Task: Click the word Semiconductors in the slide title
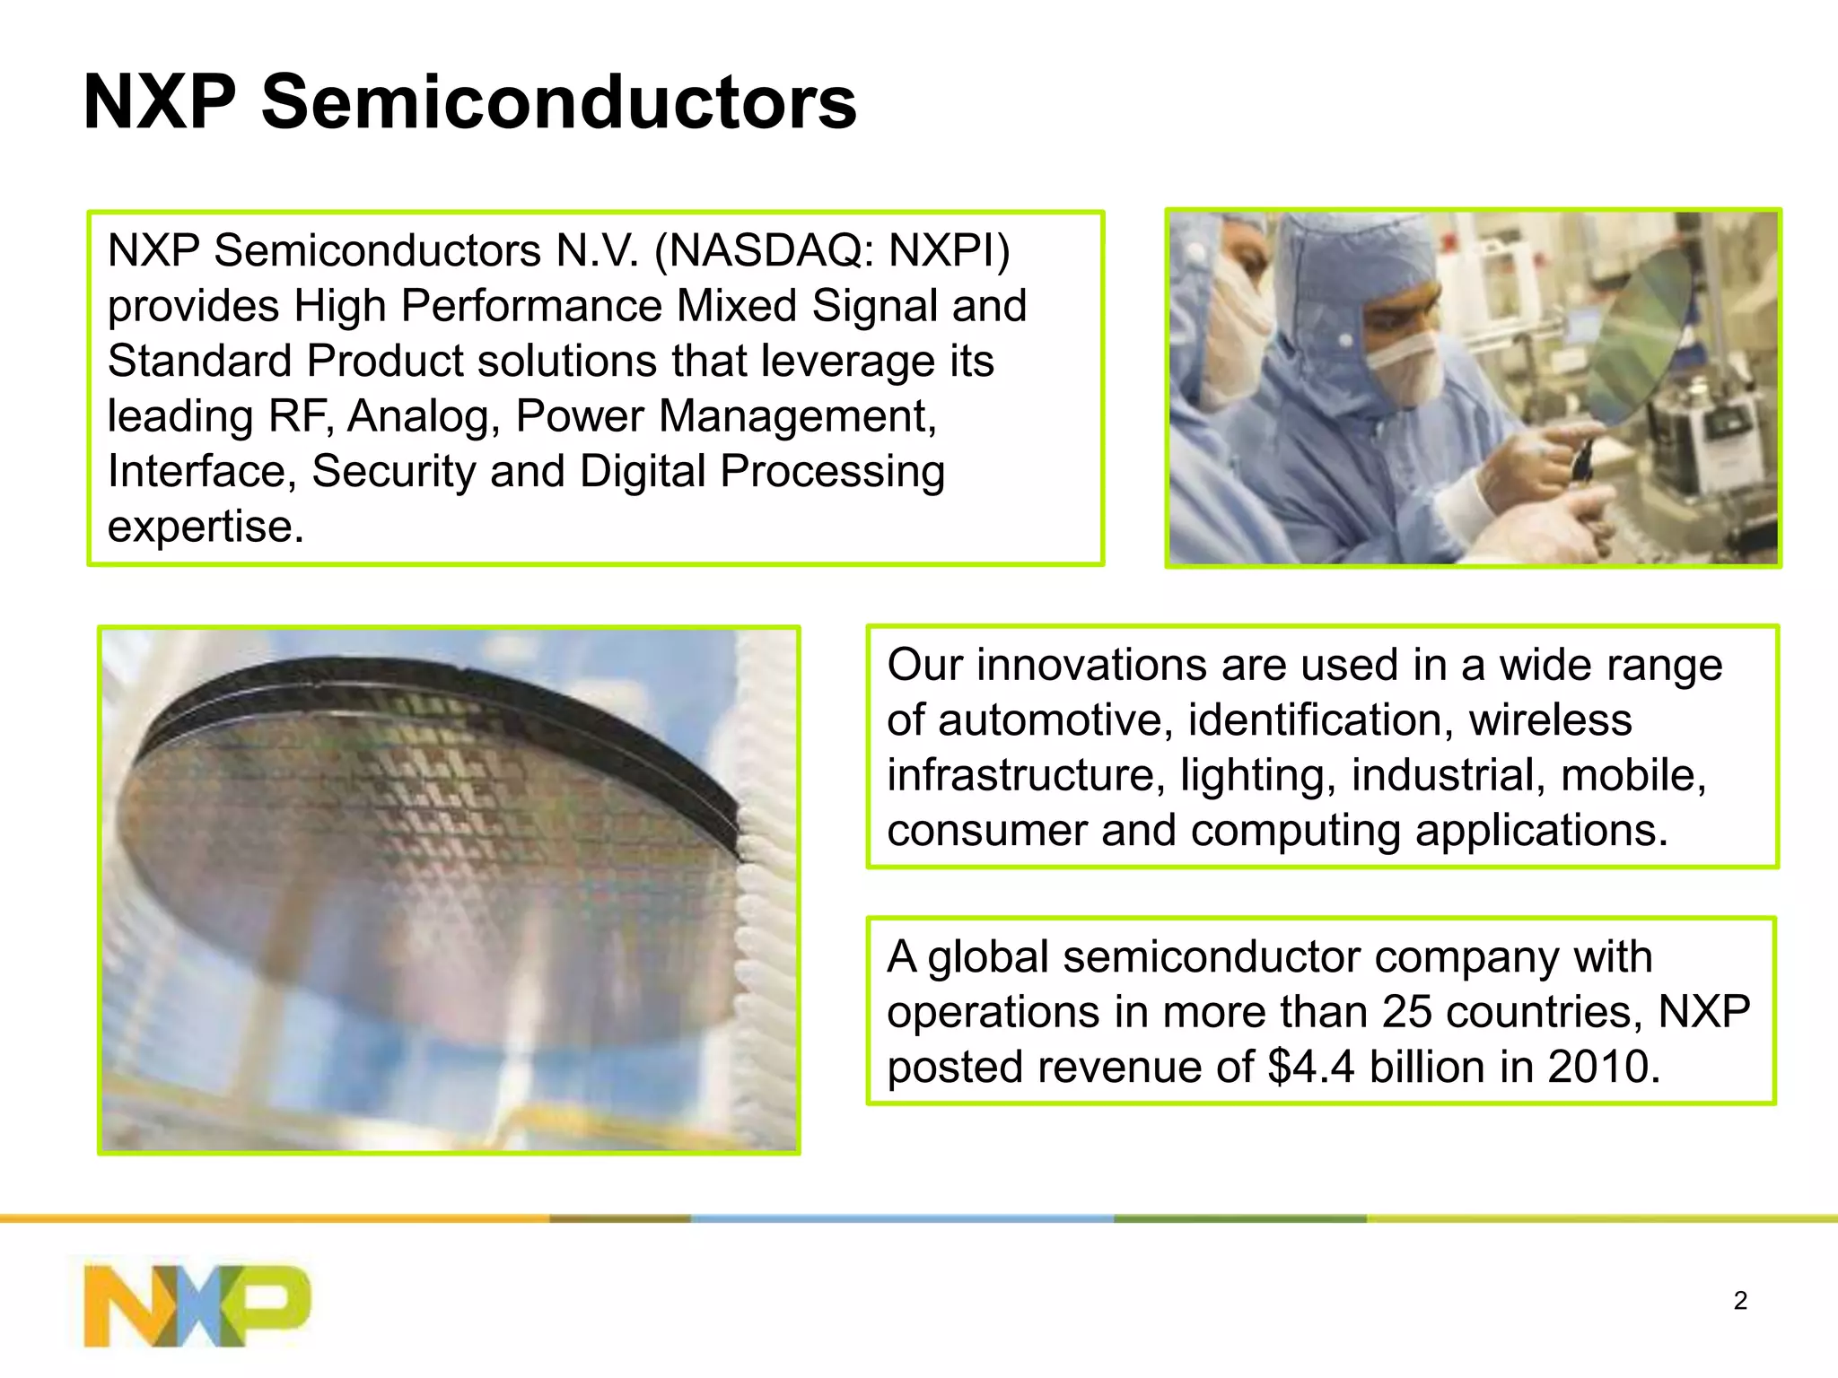[558, 102]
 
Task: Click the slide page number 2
[1740, 1301]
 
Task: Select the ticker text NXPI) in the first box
[949, 250]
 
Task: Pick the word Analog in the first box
[423, 416]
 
